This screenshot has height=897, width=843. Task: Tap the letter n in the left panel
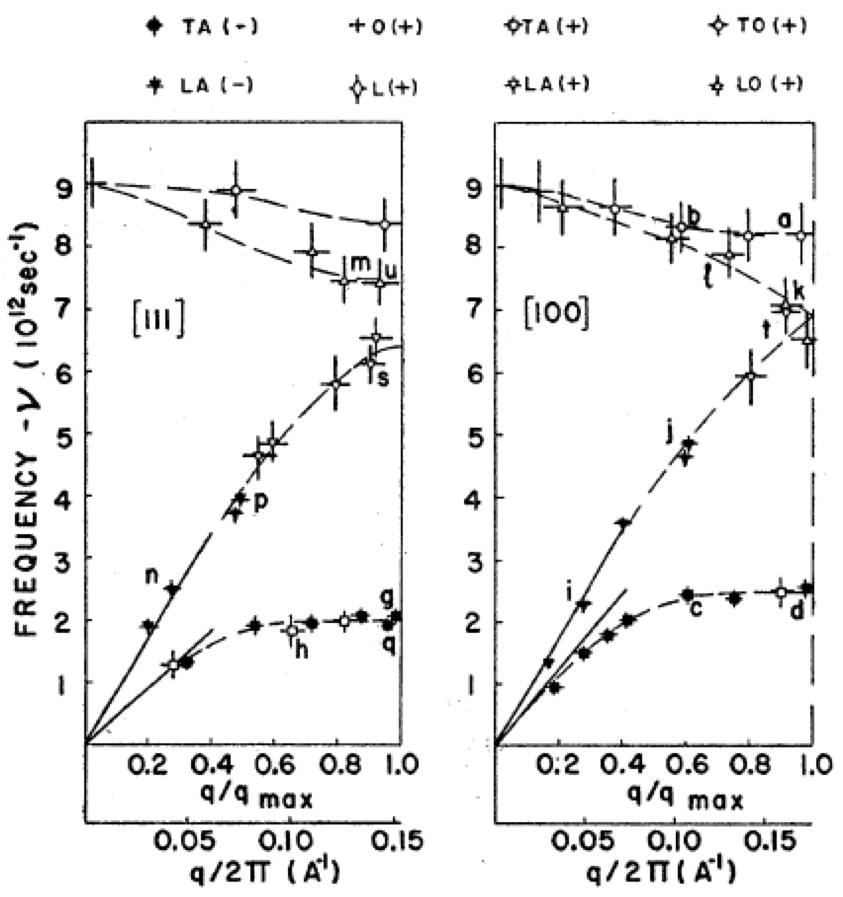pos(153,577)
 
